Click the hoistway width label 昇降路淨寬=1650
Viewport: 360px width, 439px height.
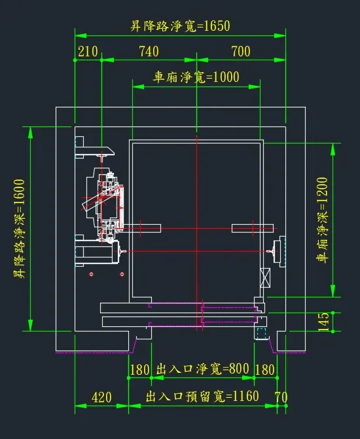180,26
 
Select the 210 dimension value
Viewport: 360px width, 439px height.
88,52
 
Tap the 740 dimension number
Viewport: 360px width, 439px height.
149,52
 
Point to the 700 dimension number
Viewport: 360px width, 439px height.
241,52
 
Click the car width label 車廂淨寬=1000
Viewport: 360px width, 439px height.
196,77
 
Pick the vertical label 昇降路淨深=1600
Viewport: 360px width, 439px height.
19,229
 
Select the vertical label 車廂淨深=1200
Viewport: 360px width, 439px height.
322,220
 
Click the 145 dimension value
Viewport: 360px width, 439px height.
323,322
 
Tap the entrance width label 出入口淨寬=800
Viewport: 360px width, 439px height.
202,369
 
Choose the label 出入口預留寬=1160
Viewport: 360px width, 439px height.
202,396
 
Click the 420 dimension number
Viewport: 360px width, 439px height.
101,397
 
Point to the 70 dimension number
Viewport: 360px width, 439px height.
281,397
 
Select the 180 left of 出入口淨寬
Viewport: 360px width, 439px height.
140,370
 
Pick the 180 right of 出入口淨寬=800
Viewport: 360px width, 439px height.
265,370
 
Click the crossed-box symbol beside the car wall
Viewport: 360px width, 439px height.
265,278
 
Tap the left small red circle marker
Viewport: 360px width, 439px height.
91,274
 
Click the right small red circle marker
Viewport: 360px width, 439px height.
122,274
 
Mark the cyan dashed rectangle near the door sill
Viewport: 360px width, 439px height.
262,334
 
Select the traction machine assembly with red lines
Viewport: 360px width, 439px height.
103,204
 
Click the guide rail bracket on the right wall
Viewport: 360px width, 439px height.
279,251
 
